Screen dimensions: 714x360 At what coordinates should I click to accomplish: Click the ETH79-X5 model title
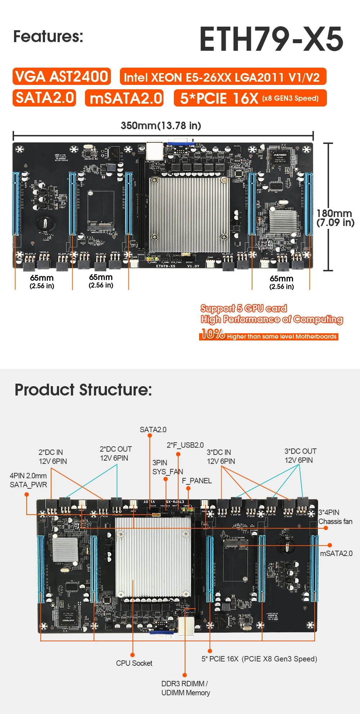click(271, 39)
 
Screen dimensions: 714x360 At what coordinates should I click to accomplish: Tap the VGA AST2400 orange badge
click(62, 77)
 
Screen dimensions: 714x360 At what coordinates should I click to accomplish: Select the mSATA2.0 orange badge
click(125, 98)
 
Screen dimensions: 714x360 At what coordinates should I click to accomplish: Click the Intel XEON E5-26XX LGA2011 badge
click(223, 77)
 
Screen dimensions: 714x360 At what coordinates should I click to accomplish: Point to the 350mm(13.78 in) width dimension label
click(161, 126)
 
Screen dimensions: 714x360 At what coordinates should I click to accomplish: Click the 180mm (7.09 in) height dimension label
click(335, 218)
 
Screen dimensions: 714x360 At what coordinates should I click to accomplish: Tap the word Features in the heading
click(48, 36)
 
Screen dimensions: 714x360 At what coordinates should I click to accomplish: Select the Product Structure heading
click(83, 390)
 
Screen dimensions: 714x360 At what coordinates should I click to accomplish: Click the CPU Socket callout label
click(134, 663)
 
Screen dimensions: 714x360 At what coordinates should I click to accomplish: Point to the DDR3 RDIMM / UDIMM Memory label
click(185, 688)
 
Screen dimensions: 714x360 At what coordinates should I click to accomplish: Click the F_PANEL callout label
click(197, 481)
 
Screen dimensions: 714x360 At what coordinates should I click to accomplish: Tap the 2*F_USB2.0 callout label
click(185, 445)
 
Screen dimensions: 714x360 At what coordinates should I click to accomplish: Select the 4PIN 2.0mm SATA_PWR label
click(28, 480)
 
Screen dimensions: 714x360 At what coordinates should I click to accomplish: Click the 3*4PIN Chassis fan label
click(335, 517)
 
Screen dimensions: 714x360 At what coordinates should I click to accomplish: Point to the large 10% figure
click(213, 334)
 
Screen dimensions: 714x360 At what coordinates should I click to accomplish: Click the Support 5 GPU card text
click(243, 308)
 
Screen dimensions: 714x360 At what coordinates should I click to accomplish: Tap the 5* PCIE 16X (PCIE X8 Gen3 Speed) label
click(259, 659)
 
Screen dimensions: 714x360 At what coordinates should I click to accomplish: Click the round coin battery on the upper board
click(45, 224)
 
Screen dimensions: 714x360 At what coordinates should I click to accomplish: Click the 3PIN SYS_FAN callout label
click(167, 467)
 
